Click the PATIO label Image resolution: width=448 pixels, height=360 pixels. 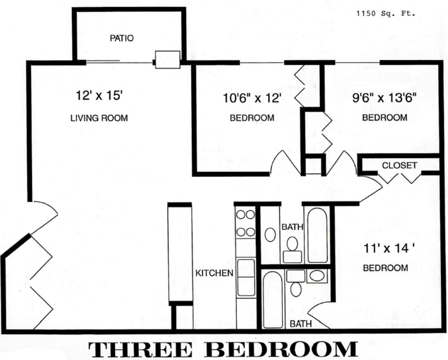click(x=122, y=38)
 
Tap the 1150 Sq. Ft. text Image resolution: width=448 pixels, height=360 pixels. click(x=386, y=13)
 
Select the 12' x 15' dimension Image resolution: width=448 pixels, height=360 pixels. click(x=100, y=96)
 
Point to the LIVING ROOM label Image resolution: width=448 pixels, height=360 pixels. click(x=99, y=118)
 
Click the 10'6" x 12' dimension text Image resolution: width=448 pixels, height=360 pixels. click(x=252, y=98)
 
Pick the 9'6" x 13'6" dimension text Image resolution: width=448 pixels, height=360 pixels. click(x=385, y=98)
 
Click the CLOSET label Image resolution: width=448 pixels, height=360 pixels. click(x=399, y=165)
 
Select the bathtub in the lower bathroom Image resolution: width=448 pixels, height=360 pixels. click(x=272, y=300)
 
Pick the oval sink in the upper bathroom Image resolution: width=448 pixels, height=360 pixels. click(x=270, y=234)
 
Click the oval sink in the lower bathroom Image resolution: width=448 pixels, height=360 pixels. click(x=316, y=276)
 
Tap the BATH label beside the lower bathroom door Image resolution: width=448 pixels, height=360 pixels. click(x=300, y=324)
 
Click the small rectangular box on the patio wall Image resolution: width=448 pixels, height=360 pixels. click(x=167, y=60)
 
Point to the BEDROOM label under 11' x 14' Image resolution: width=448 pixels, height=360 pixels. click(x=385, y=268)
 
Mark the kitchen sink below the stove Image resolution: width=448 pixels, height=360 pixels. click(x=246, y=277)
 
